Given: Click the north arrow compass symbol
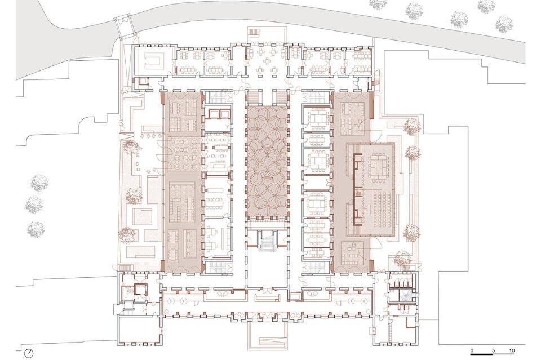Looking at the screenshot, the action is click(x=30, y=353).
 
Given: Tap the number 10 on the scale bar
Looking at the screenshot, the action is click(x=512, y=350).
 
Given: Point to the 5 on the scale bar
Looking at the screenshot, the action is click(x=494, y=350).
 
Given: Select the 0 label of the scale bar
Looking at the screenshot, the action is click(x=472, y=350).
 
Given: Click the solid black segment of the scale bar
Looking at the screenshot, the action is click(x=482, y=354).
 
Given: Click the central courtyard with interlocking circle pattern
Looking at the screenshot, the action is click(x=267, y=161).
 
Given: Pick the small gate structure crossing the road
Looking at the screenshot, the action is click(x=125, y=26).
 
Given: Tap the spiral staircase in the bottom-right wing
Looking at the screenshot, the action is click(x=404, y=295).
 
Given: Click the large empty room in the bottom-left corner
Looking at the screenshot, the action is click(x=139, y=330).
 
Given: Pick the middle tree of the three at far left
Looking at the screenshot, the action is click(x=34, y=205).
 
